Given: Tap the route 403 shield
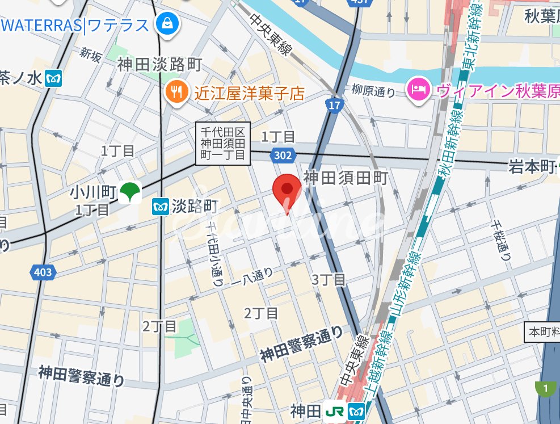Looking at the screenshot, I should click(x=43, y=272).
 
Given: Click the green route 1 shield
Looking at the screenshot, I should click(x=546, y=389).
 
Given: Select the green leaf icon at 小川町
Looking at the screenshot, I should click(x=130, y=192).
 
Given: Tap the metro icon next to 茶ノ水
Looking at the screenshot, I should click(x=54, y=78).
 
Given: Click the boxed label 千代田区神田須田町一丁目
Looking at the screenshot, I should click(x=223, y=143).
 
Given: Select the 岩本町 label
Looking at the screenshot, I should click(x=531, y=166).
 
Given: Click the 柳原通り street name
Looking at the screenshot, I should click(x=373, y=90).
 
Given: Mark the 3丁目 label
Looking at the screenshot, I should click(x=329, y=279).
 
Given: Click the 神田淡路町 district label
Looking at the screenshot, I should click(x=159, y=65).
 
